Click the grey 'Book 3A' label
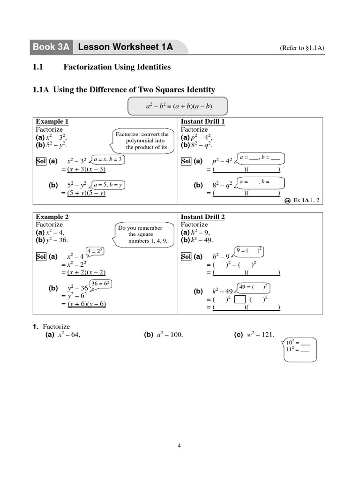(52, 47)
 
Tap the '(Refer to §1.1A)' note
(302, 48)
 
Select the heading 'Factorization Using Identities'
(117, 67)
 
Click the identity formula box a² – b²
(179, 106)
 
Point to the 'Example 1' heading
(52, 121)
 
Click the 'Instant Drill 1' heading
(202, 121)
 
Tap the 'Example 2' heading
(52, 217)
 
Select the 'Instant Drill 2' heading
(202, 217)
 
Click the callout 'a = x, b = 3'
(108, 160)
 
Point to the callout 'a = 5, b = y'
(108, 185)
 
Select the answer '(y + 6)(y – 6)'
(87, 304)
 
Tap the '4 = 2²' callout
(94, 251)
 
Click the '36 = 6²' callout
(100, 284)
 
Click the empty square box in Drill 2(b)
(240, 299)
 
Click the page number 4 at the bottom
(179, 445)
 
